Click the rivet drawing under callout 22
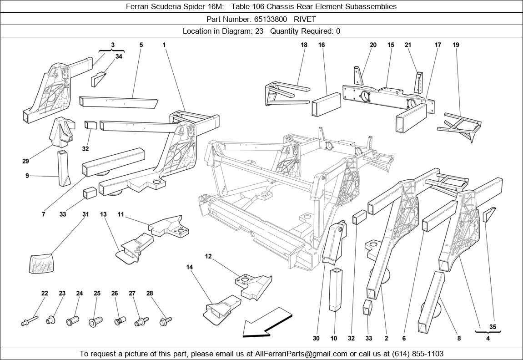tap(30, 321)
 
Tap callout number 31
tap(85, 214)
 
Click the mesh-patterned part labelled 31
tap(42, 264)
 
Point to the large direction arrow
tap(267, 323)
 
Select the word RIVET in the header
tap(305, 19)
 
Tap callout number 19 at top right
tap(456, 45)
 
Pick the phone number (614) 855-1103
tap(418, 354)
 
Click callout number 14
tap(190, 267)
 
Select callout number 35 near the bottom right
tap(493, 327)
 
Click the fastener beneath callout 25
tap(96, 322)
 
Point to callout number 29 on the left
tap(25, 161)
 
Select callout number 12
tap(208, 256)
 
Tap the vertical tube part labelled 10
tap(336, 289)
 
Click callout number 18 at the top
tap(304, 45)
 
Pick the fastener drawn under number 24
tap(73, 322)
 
